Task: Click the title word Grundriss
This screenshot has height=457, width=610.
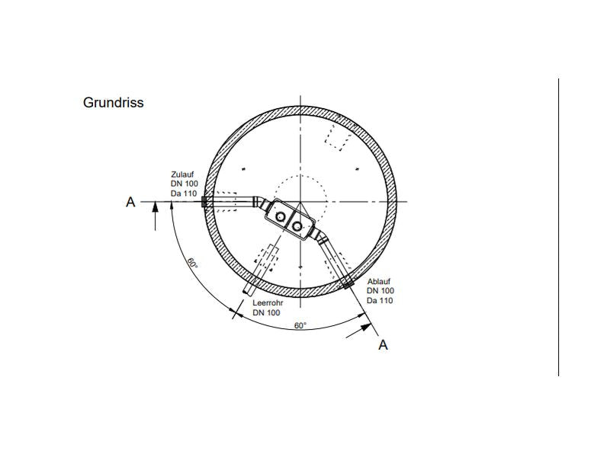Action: pyautogui.click(x=113, y=103)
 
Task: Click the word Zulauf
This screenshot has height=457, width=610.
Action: pyautogui.click(x=182, y=174)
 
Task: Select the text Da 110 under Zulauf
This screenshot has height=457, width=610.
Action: pyautogui.click(x=184, y=193)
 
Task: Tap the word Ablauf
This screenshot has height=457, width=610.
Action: pyautogui.click(x=379, y=281)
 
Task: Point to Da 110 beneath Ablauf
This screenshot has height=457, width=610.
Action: pyautogui.click(x=380, y=300)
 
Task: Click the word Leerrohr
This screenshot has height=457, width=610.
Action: pyautogui.click(x=268, y=302)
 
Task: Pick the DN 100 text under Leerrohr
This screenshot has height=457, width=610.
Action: pyautogui.click(x=266, y=312)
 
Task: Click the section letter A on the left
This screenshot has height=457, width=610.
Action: pyautogui.click(x=130, y=202)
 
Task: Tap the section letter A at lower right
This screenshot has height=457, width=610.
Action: pyautogui.click(x=384, y=345)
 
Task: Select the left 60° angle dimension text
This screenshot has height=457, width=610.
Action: pyautogui.click(x=192, y=263)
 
